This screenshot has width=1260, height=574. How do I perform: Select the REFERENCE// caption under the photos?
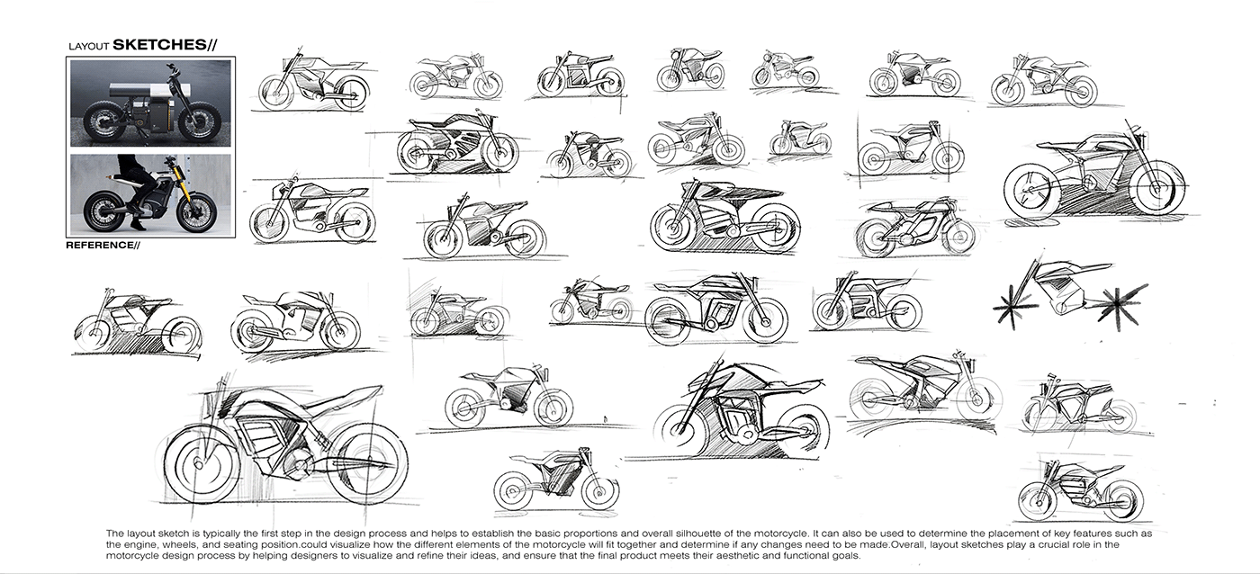(103, 245)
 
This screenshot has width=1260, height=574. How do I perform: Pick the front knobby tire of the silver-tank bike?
(203, 119)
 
